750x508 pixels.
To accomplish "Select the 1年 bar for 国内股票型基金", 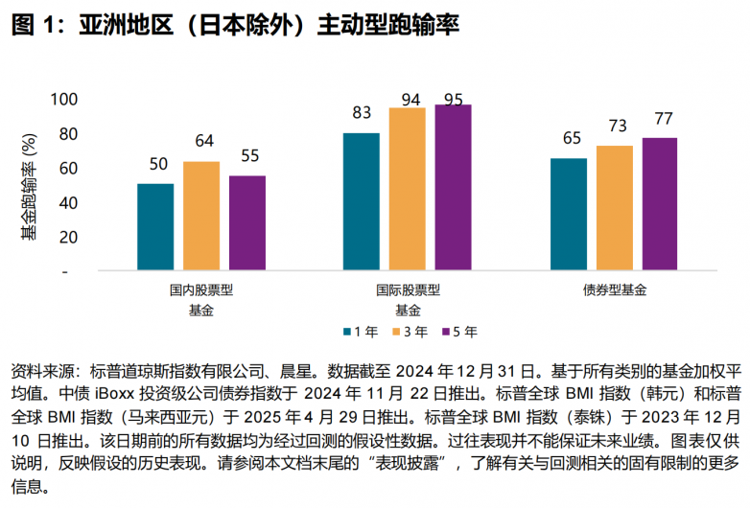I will point(155,227).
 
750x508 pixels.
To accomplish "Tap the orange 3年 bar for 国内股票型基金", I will point(201,217).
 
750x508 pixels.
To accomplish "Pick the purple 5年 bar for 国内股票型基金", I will point(247,223).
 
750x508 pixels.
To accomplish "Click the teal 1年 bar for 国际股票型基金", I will point(361,202).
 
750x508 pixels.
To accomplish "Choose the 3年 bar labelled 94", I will point(407,190).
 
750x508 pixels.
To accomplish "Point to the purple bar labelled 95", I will point(453,188).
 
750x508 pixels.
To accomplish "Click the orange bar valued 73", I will point(615,208).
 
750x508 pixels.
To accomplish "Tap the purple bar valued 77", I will point(660,204).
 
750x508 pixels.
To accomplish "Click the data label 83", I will point(362,113).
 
